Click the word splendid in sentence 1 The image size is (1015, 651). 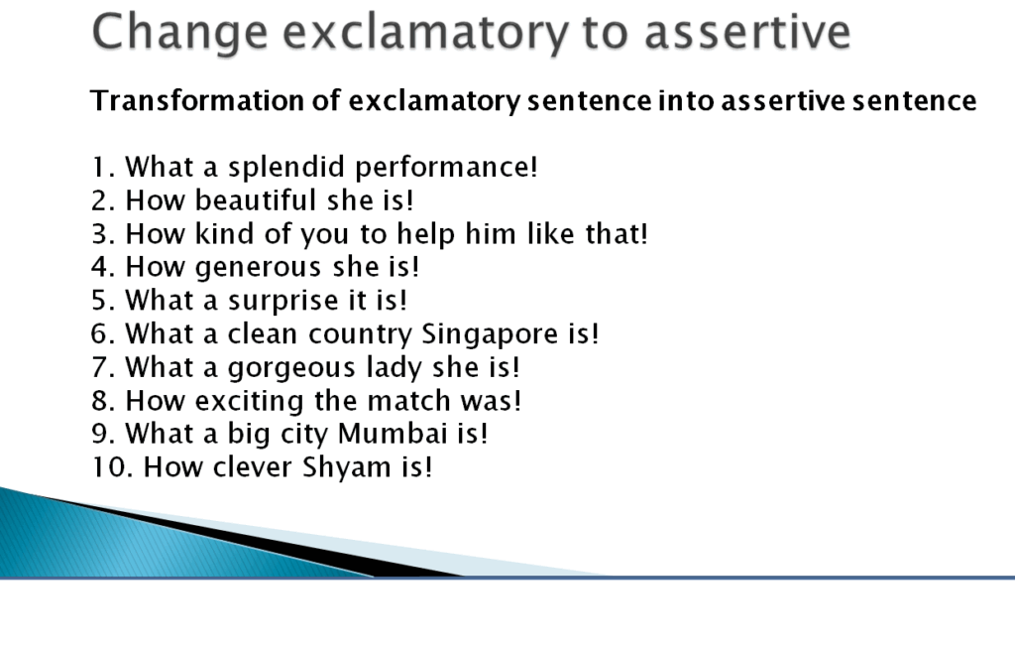287,167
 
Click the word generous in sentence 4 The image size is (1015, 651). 258,268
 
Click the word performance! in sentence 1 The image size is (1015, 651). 446,167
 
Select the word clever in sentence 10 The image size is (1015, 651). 253,467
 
